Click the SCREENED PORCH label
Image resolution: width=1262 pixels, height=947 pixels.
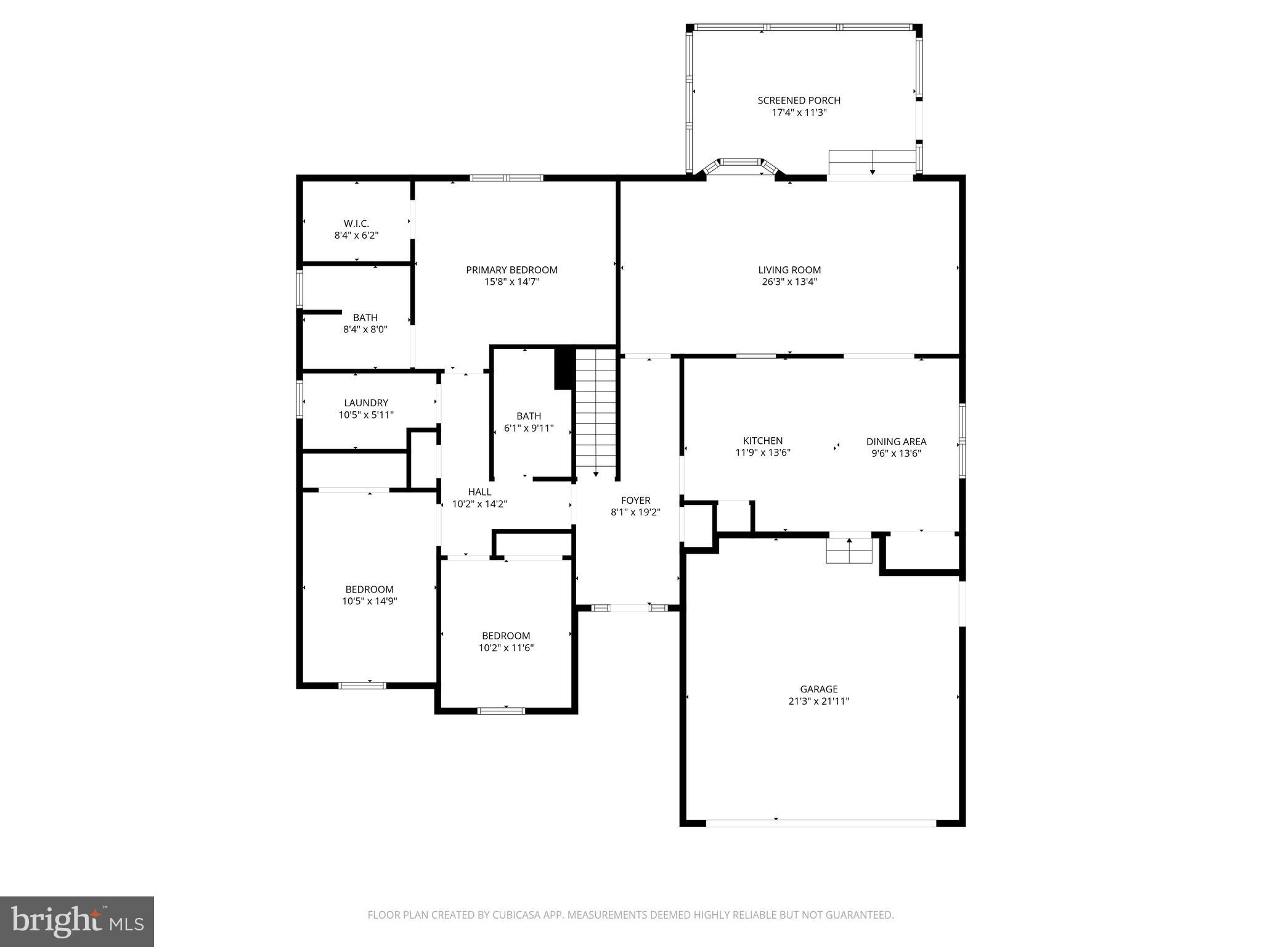point(799,100)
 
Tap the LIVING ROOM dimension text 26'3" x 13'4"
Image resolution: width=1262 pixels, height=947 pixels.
point(789,282)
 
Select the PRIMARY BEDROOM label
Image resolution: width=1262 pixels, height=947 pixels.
point(511,270)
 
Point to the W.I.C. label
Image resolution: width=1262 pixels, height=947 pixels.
point(356,224)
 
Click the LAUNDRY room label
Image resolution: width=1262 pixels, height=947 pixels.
point(366,403)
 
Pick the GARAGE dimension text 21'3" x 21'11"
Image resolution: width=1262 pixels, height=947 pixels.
point(818,701)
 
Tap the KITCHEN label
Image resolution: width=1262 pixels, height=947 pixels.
point(763,441)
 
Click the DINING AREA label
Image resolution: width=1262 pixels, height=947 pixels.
point(896,441)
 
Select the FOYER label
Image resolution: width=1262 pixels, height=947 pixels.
point(635,501)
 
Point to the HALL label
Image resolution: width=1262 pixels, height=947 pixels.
point(479,492)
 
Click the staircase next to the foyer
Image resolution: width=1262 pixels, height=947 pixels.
point(596,413)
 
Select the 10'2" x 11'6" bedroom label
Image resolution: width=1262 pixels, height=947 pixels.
point(506,636)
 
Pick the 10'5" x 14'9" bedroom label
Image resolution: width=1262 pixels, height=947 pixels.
point(369,589)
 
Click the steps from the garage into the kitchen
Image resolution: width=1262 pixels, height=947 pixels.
point(849,550)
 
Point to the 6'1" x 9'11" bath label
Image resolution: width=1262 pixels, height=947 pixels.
point(529,416)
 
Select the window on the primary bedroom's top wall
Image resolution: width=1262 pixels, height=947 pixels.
point(506,178)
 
